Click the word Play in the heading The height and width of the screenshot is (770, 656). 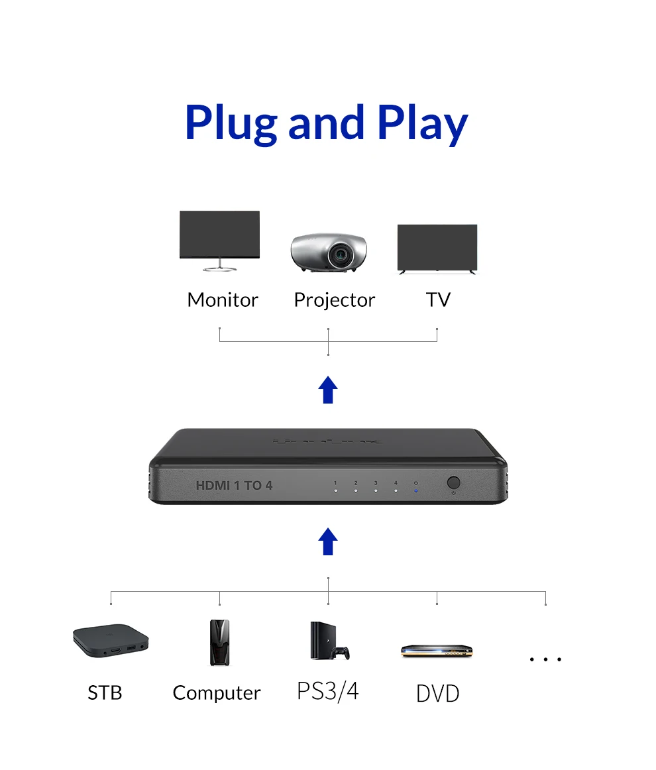(422, 124)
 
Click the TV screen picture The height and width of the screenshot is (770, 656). (437, 247)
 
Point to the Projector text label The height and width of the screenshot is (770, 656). (334, 300)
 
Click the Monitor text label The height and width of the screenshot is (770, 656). (223, 300)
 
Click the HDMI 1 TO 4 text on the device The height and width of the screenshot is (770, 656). (234, 486)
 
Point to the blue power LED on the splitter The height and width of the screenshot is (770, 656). (415, 491)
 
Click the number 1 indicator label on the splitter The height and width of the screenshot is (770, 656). (336, 483)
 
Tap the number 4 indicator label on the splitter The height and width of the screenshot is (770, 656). (396, 483)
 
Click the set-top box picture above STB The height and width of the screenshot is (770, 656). (110, 640)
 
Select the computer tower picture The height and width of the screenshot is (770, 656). (219, 642)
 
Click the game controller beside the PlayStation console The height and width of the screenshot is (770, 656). (342, 653)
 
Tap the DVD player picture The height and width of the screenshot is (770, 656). (439, 651)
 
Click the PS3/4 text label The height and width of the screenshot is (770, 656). (327, 690)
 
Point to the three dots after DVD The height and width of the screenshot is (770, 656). (545, 659)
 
